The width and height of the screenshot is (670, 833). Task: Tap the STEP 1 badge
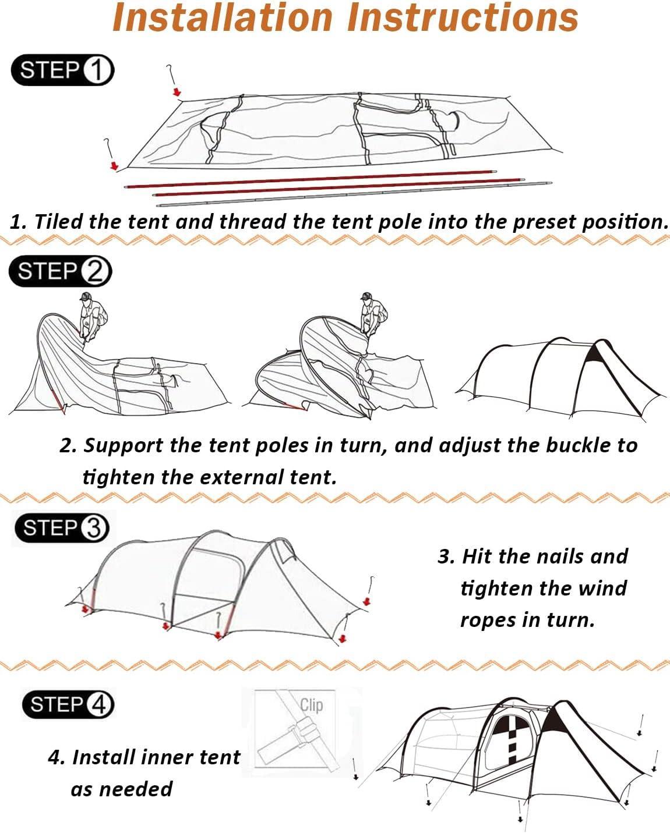[x=62, y=71]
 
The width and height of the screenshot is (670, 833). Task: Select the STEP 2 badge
[x=60, y=271]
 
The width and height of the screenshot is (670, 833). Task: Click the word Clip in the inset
[x=312, y=705]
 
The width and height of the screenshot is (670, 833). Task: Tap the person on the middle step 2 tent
[x=371, y=313]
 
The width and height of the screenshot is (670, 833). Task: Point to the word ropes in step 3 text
[x=488, y=620]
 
